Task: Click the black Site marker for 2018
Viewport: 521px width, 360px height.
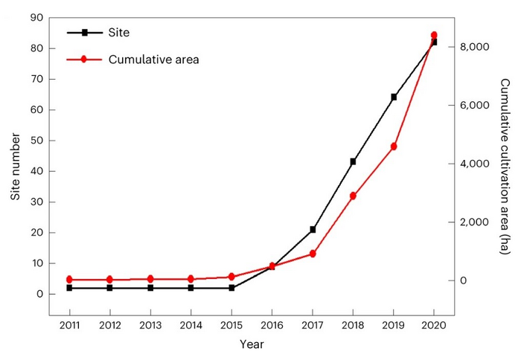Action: pos(353,161)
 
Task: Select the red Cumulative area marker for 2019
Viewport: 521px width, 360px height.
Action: pos(394,147)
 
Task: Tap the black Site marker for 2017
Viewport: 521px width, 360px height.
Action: pos(313,229)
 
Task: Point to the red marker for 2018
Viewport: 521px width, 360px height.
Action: pos(353,196)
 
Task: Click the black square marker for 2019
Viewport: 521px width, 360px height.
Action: pos(394,97)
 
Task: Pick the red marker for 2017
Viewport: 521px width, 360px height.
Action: pos(313,254)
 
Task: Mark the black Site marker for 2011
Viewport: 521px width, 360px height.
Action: pos(69,288)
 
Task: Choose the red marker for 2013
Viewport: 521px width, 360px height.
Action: pos(150,279)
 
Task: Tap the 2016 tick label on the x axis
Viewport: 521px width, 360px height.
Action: pos(272,325)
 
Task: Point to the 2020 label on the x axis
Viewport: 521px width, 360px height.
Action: pos(434,325)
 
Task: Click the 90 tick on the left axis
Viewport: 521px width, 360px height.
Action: pos(35,17)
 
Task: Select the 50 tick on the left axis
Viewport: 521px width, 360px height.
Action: pos(35,140)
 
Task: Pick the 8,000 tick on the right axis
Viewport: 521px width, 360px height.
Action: pos(474,47)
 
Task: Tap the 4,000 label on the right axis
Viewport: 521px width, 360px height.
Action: pos(474,164)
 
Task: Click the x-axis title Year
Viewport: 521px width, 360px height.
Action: pos(252,344)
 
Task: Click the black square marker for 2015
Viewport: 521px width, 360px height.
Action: pos(231,288)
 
